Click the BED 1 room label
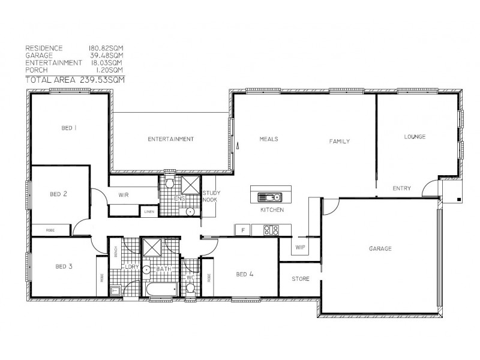[70, 128]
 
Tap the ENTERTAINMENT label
[170, 139]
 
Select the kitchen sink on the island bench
[268, 196]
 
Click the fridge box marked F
[242, 229]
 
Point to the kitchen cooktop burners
[271, 229]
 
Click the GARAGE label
[380, 248]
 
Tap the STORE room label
[300, 279]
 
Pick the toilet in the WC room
[191, 289]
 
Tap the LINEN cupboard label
[148, 211]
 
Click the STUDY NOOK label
[212, 196]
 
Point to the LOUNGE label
[414, 137]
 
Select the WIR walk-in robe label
[124, 194]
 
